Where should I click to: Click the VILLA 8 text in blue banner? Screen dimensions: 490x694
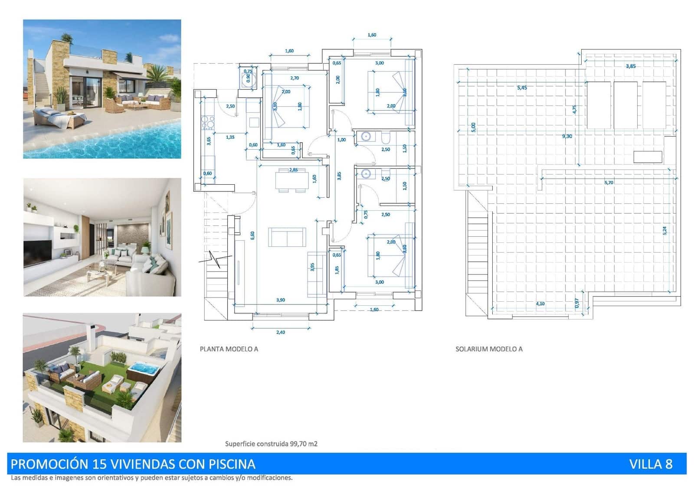click(650, 464)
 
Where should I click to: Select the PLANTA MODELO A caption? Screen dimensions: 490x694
click(229, 349)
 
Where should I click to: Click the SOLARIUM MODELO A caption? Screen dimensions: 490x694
click(489, 349)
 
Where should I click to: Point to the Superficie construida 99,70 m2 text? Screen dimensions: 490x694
click(271, 444)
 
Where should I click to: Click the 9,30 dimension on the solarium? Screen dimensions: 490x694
click(567, 136)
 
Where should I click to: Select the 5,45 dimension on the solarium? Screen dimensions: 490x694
click(522, 88)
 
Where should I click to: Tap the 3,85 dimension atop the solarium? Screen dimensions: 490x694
click(631, 66)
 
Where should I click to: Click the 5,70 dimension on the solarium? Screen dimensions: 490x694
click(609, 183)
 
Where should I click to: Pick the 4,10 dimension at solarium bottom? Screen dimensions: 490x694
click(540, 304)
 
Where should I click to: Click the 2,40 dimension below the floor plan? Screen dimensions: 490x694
click(281, 332)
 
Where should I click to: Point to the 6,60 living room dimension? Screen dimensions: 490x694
click(252, 235)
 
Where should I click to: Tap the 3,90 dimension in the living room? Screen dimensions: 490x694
click(281, 300)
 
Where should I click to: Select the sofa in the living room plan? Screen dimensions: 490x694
click(287, 237)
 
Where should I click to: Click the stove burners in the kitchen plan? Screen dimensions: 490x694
click(208, 123)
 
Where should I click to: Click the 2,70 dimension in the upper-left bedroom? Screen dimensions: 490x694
click(295, 78)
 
